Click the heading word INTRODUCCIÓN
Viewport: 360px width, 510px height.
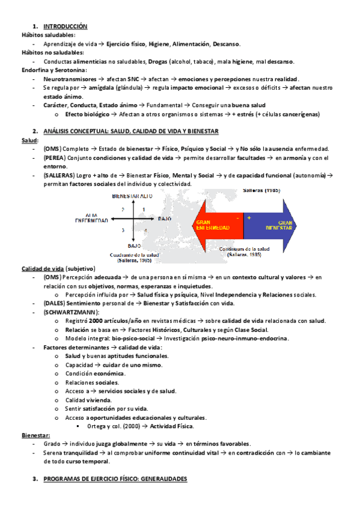66,27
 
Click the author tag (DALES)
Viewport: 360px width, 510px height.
56,304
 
